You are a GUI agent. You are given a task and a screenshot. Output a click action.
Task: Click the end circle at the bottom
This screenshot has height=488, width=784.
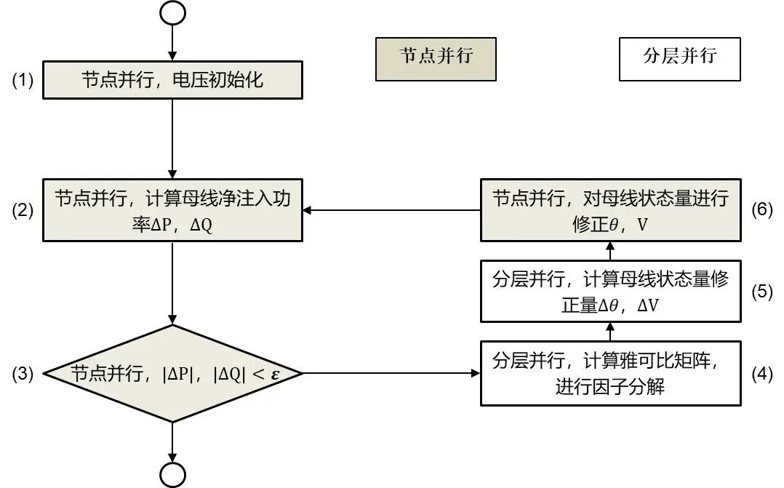tap(173, 474)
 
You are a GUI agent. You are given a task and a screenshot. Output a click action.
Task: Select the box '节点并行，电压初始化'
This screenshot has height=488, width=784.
tap(172, 80)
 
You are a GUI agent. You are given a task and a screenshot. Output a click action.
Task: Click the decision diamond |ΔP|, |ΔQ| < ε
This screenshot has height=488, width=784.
tap(172, 374)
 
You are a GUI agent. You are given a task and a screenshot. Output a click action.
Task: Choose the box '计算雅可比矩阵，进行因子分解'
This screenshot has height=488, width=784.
tap(610, 374)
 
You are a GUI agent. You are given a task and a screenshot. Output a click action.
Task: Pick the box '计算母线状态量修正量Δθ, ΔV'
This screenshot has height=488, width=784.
tap(610, 292)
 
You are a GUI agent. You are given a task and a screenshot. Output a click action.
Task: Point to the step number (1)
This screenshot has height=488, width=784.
tap(23, 80)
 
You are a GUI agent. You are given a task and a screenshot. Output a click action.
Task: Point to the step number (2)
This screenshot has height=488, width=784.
tap(23, 211)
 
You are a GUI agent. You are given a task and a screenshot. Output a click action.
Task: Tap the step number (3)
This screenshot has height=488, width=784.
tap(23, 374)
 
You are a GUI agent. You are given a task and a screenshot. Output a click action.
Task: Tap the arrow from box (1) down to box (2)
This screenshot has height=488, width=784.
tap(172, 138)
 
